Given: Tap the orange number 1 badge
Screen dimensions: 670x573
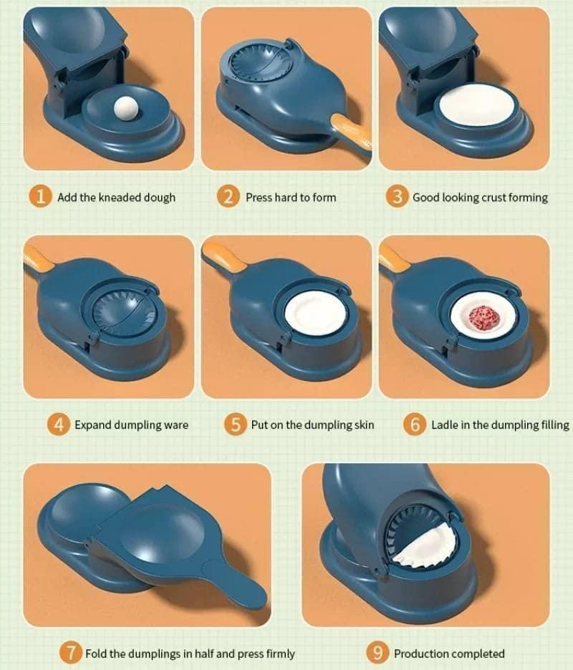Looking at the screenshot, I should pyautogui.click(x=42, y=197).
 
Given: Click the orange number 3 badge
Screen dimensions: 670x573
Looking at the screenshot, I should pyautogui.click(x=398, y=197).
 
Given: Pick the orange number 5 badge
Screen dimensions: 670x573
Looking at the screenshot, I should pyautogui.click(x=236, y=424).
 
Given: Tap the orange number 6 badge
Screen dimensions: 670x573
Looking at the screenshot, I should pyautogui.click(x=415, y=424).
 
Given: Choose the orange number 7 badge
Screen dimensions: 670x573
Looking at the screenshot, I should pyautogui.click(x=69, y=653).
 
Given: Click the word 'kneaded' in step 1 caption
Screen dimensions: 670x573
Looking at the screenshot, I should pyautogui.click(x=122, y=198).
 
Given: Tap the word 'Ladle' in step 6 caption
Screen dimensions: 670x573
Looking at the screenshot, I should pyautogui.click(x=446, y=425).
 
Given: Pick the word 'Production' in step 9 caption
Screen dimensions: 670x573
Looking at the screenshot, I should pyautogui.click(x=423, y=654).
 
